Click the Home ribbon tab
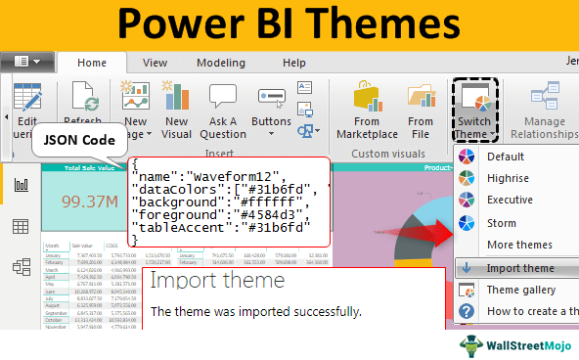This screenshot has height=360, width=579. [x=92, y=62]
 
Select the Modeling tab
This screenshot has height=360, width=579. [x=220, y=62]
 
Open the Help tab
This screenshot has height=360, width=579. [x=294, y=62]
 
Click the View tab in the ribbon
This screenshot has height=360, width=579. [x=155, y=62]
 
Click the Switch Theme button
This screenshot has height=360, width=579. [x=476, y=112]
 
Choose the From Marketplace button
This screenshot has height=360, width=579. [x=368, y=112]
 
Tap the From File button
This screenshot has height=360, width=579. [x=420, y=112]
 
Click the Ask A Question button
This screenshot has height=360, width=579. [x=223, y=112]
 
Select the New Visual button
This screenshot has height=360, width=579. [x=177, y=112]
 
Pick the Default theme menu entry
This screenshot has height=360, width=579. [x=506, y=157]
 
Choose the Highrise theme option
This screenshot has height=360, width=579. [x=508, y=178]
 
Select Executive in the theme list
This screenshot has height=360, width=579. [x=511, y=201]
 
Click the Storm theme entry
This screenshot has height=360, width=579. [x=503, y=223]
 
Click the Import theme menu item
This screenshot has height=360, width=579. [x=519, y=268]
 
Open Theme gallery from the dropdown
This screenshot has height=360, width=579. [x=520, y=290]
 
